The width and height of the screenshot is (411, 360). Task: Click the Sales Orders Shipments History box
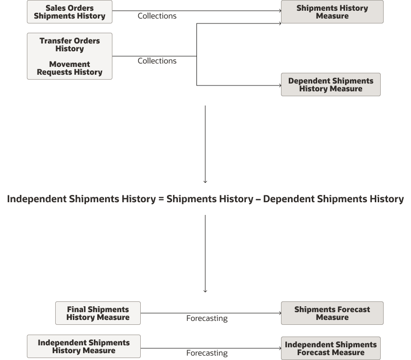(x=69, y=12)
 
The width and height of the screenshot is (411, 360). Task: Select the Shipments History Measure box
(x=332, y=12)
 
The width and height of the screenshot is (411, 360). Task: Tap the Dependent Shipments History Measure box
(x=330, y=85)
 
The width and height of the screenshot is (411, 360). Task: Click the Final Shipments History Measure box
(x=98, y=313)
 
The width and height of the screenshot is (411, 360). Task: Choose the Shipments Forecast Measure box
(x=332, y=313)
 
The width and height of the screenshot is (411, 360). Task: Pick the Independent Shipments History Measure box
(x=84, y=346)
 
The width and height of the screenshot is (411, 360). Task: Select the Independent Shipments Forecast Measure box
(x=330, y=348)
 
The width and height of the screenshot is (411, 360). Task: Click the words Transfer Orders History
(x=69, y=44)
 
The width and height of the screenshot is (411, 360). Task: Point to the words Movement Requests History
(x=69, y=68)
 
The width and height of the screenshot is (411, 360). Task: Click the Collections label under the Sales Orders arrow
(x=157, y=16)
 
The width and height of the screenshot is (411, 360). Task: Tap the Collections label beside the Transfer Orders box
(x=157, y=61)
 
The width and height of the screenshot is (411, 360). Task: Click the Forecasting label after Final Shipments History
(x=207, y=318)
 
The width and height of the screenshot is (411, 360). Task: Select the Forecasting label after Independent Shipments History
(x=207, y=353)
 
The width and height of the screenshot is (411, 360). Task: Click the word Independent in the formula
(x=37, y=199)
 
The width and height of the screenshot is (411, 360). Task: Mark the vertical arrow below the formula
(x=205, y=254)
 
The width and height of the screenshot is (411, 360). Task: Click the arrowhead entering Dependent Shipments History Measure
(x=279, y=85)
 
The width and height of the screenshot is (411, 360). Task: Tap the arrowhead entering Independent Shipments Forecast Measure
(x=279, y=348)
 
